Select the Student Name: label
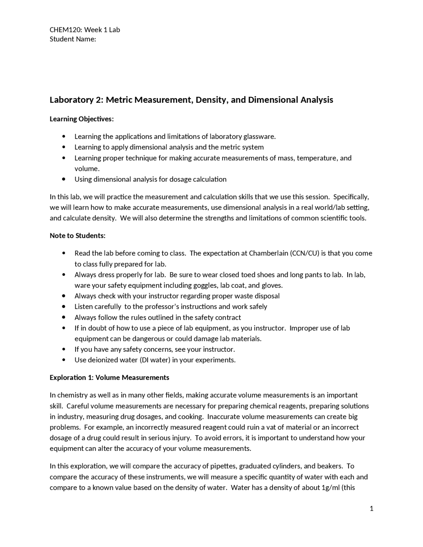(x=73, y=39)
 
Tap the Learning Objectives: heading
(x=82, y=119)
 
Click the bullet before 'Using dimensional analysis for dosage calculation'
(x=64, y=179)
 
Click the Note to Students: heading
(x=78, y=236)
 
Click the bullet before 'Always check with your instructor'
(x=64, y=296)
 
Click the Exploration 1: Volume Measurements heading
(x=109, y=378)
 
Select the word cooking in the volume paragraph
(x=190, y=417)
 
